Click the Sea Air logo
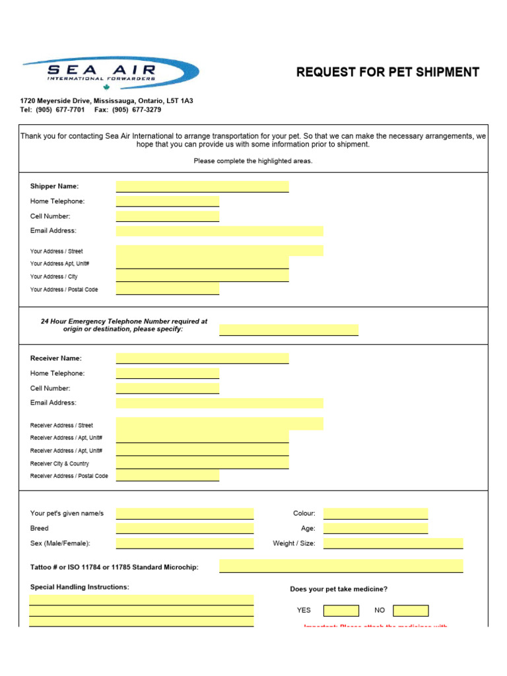pyautogui.click(x=110, y=73)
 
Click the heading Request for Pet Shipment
pyautogui.click(x=388, y=73)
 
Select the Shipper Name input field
pyautogui.click(x=202, y=186)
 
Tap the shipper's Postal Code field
pyautogui.click(x=167, y=289)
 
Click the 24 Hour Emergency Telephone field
pyautogui.click(x=288, y=329)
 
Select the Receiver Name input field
pyautogui.click(x=202, y=358)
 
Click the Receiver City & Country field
pyautogui.click(x=202, y=463)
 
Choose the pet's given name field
pyautogui.click(x=185, y=514)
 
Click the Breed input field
pyautogui.click(x=185, y=528)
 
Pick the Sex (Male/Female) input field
pyautogui.click(x=185, y=543)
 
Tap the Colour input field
pyautogui.click(x=375, y=514)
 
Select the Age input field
pyautogui.click(x=375, y=528)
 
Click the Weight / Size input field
pyautogui.click(x=393, y=543)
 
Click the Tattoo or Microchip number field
pyautogui.click(x=341, y=566)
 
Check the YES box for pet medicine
pyautogui.click(x=341, y=611)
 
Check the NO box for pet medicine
pyautogui.click(x=410, y=611)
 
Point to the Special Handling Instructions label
pyautogui.click(x=80, y=587)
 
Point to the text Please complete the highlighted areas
pyautogui.click(x=253, y=161)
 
